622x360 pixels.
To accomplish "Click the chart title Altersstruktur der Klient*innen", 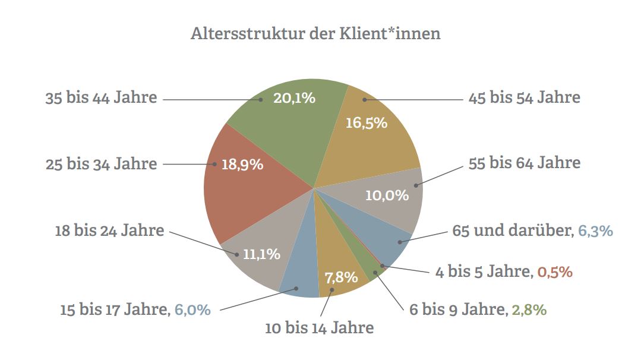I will click(x=315, y=33).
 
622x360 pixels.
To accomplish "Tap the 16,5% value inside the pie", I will click(x=366, y=123).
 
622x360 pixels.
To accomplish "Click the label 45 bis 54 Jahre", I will click(x=524, y=98).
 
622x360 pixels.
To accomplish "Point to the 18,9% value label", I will click(x=242, y=165).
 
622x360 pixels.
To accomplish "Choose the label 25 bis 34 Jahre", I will click(x=102, y=163).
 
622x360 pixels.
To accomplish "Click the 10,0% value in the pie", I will click(x=387, y=195).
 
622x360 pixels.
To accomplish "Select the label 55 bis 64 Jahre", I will click(x=524, y=162).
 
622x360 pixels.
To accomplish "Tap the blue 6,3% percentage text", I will click(x=595, y=230).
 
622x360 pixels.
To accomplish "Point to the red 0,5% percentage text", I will click(x=554, y=272).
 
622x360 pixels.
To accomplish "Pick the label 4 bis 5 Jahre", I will click(x=482, y=272).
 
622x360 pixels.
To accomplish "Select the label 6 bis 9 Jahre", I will click(x=457, y=310).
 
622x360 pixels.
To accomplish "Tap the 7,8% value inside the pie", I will click(x=341, y=277).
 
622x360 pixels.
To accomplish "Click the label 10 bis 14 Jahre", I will click(x=319, y=327).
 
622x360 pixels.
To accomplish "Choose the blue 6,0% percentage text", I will click(x=192, y=310).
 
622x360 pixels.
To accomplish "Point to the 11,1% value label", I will click(x=261, y=254).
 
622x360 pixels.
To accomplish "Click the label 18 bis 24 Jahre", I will click(x=109, y=230).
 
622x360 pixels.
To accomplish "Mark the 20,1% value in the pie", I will click(x=294, y=98).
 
